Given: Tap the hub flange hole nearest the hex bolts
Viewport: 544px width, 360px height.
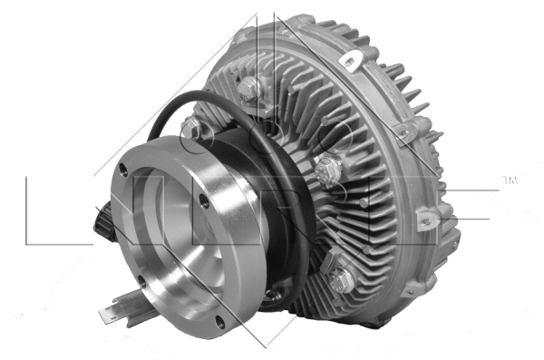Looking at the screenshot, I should point(274,290).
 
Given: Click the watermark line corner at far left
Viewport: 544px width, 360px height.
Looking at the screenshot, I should point(27,243).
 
